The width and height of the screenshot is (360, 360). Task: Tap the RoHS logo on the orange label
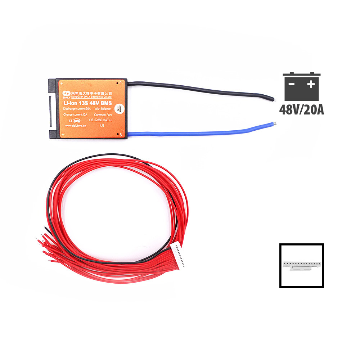coord(76,120)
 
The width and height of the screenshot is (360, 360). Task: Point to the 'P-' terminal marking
coord(121,82)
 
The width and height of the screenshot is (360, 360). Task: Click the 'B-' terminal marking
coord(121,135)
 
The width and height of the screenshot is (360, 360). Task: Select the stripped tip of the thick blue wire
coord(274,124)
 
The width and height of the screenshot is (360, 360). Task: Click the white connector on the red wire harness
coord(179,255)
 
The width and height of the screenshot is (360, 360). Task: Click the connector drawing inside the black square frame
coord(301,266)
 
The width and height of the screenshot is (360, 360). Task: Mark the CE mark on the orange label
coord(66,120)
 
